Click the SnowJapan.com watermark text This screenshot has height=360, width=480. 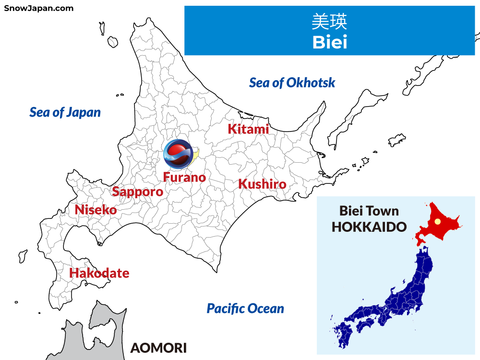point(39,8)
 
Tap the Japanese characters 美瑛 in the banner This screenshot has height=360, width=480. point(329,22)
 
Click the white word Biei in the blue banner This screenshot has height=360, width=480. point(329,42)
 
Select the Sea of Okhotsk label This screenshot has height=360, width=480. point(292,83)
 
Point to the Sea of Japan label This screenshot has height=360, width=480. point(65,112)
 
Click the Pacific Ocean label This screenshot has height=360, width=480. point(245,308)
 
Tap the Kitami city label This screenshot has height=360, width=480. point(248,129)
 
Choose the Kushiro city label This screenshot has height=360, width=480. point(262,184)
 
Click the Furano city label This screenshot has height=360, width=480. point(184,177)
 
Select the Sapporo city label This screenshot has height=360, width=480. point(137,192)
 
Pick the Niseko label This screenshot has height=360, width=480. point(96,210)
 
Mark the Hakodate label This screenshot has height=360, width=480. point(99,273)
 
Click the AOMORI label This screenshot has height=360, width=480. point(158,348)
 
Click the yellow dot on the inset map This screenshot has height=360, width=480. point(437,222)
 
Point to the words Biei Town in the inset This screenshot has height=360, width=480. point(369,211)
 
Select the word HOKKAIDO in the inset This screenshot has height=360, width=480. point(369,227)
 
